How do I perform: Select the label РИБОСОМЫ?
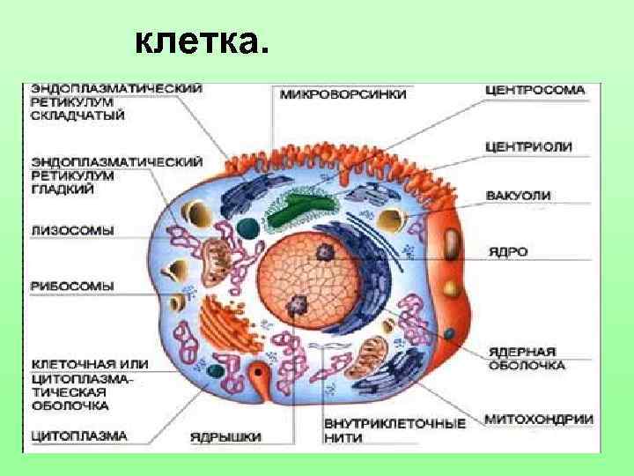click(x=72, y=286)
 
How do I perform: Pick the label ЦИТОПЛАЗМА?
click(x=79, y=435)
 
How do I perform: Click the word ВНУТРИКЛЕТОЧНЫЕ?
click(x=394, y=423)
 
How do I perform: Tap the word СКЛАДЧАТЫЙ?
click(x=77, y=115)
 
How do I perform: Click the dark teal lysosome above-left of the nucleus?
click(x=250, y=228)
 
